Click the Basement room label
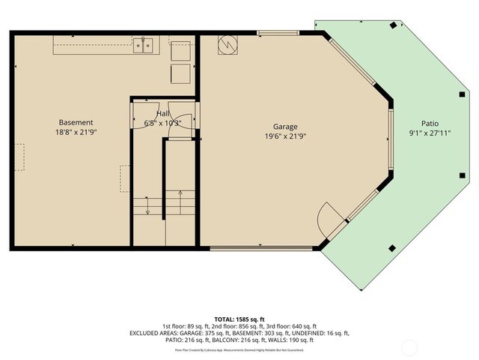(x=76, y=122)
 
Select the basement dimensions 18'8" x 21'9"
(x=76, y=132)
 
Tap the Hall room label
(x=162, y=113)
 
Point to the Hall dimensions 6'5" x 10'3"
(x=163, y=122)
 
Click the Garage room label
(x=285, y=127)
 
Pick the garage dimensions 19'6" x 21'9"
(x=285, y=136)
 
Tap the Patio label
(x=430, y=124)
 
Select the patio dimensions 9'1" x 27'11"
(x=430, y=133)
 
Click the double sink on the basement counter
(x=144, y=46)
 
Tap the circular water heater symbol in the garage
(x=226, y=47)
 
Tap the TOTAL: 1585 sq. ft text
(x=239, y=318)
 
